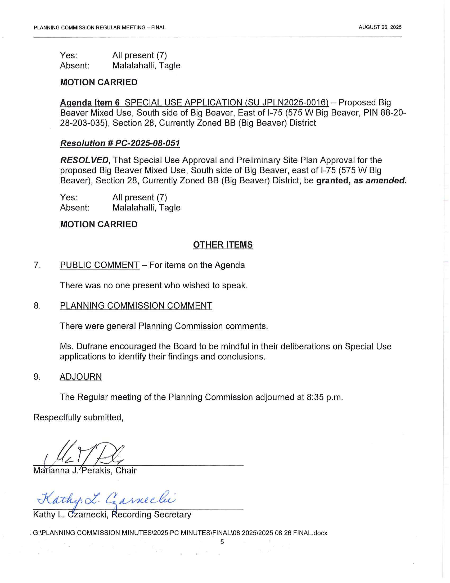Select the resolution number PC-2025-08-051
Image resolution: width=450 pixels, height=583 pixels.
147,143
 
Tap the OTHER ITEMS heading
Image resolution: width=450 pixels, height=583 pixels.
223,245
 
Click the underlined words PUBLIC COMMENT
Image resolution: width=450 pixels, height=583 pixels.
100,265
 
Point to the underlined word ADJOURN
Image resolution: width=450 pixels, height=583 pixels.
81,377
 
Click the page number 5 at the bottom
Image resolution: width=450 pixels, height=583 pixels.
222,542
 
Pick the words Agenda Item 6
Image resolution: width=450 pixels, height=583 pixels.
90,103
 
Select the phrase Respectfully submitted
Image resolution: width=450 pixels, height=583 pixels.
78,417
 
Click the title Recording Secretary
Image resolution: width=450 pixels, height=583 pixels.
151,514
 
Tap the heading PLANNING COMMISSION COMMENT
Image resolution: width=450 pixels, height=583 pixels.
136,306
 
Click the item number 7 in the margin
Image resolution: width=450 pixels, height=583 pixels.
37,265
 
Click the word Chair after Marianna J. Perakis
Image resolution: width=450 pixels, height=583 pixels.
126,470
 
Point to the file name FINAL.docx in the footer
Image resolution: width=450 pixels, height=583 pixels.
310,533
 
